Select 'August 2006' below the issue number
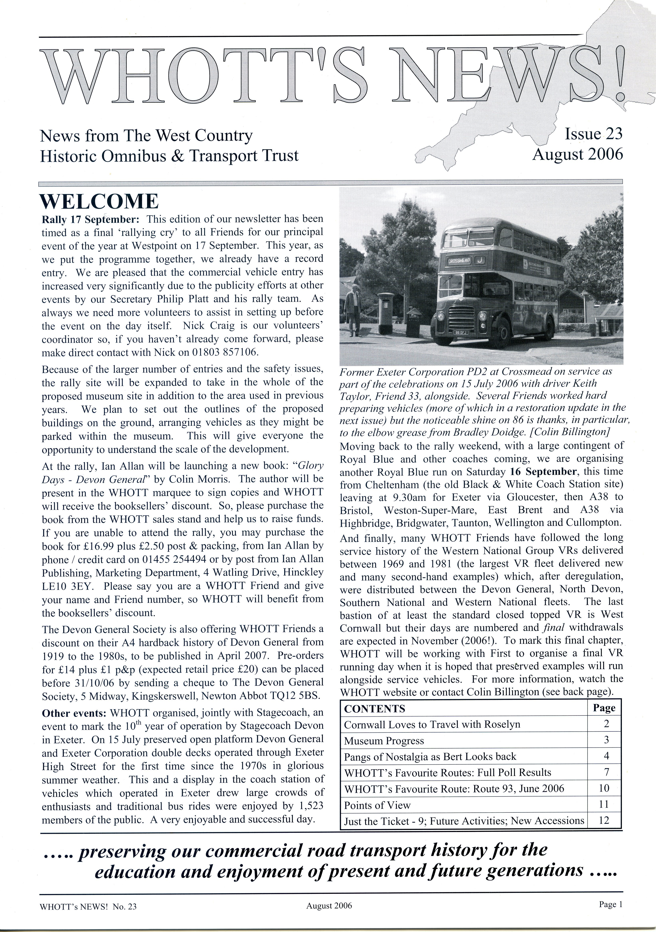577,155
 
